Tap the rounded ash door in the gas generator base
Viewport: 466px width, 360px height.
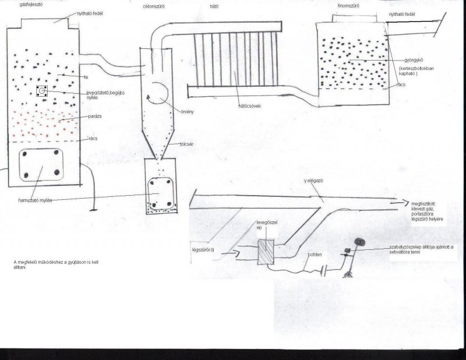(40, 165)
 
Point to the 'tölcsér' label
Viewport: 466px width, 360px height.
(186, 142)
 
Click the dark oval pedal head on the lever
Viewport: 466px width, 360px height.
(360, 240)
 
